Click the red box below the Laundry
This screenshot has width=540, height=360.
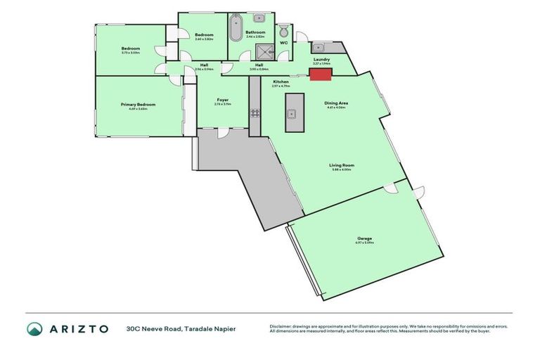[x=321, y=74]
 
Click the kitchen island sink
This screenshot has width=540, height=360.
[x=292, y=113]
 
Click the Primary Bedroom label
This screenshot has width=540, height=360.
[x=142, y=105]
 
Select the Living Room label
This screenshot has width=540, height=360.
[x=342, y=166]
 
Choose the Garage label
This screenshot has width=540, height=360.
[x=364, y=238]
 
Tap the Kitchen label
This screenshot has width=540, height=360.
[x=281, y=82]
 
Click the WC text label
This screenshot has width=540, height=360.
[x=284, y=42]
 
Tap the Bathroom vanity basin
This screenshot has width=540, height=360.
[x=258, y=17]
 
